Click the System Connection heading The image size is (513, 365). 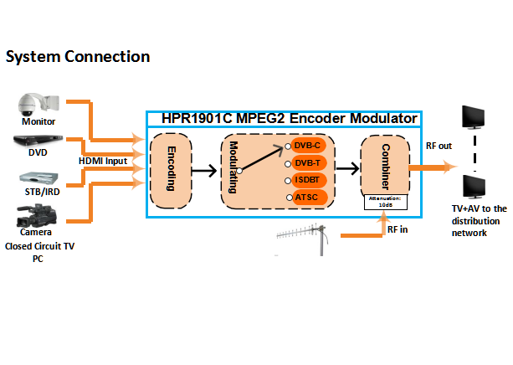(x=78, y=57)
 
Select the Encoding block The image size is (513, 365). (x=171, y=171)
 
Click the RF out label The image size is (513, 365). (x=439, y=146)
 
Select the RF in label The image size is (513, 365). (x=398, y=229)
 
